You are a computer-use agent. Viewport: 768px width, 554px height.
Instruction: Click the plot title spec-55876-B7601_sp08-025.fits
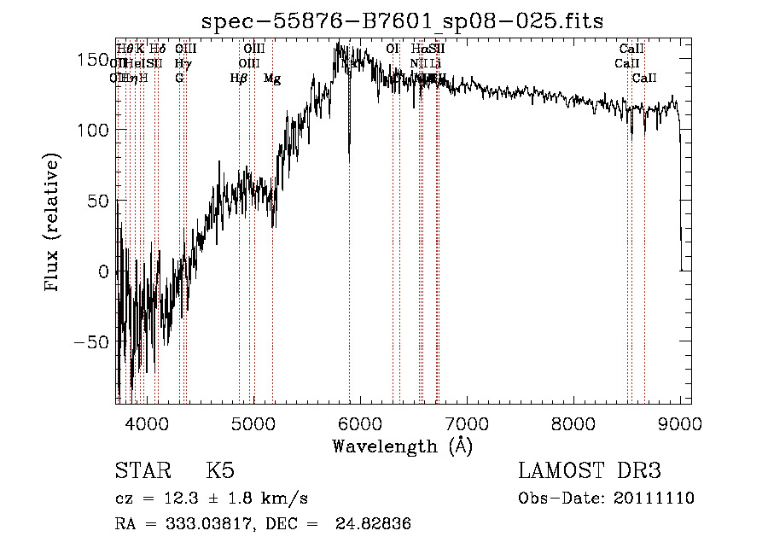[401, 20]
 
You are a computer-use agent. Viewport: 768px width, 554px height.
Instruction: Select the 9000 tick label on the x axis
[679, 423]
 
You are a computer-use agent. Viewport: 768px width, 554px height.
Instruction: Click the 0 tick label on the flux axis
[102, 272]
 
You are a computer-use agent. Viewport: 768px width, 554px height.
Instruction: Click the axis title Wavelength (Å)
[402, 446]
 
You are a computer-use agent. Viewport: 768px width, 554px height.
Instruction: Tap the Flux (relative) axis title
[53, 224]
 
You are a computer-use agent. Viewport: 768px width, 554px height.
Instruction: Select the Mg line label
[272, 79]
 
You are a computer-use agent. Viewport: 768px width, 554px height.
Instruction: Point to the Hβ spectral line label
[239, 79]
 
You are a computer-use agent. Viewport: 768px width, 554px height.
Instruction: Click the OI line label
[393, 50]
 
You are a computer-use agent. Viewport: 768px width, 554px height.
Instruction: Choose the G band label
[179, 79]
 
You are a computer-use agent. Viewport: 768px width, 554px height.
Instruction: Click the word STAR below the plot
[142, 472]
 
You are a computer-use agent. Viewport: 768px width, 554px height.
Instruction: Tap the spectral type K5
[220, 472]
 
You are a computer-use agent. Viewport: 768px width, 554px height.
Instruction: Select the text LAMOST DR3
[590, 472]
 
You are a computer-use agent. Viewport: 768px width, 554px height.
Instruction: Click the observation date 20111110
[652, 499]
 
